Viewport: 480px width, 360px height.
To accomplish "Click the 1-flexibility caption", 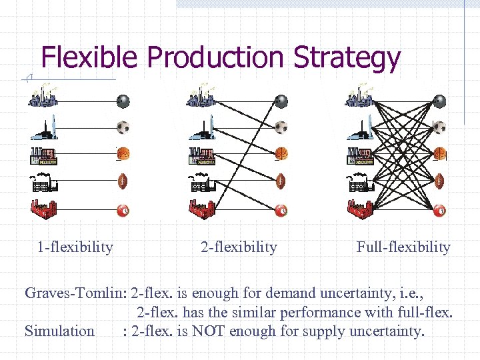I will pyautogui.click(x=75, y=247).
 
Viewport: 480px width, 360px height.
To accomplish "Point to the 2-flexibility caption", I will pyautogui.click(x=239, y=247).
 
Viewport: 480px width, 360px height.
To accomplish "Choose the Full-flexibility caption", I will pyautogui.click(x=403, y=247).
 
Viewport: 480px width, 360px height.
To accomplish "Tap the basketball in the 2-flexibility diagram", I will pyautogui.click(x=281, y=153).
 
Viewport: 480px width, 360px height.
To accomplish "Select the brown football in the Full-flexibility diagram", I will pyautogui.click(x=439, y=181).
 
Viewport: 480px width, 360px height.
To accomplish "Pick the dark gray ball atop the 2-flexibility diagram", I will pyautogui.click(x=281, y=101).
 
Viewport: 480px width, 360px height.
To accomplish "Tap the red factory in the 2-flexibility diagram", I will pyautogui.click(x=203, y=209).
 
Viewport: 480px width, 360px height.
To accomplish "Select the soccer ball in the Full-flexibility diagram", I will pyautogui.click(x=439, y=127).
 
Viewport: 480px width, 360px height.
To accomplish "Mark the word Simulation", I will pyautogui.click(x=59, y=331).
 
